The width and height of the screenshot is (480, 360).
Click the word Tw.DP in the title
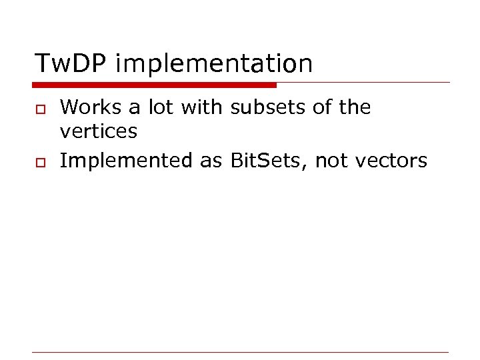tap(71, 64)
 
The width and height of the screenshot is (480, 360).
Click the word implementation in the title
tap(214, 64)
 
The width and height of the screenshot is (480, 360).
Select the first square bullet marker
tap(39, 109)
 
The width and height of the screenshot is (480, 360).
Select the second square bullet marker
tap(39, 162)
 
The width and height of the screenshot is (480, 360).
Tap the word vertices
tap(99, 132)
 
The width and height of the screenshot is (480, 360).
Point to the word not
tap(331, 161)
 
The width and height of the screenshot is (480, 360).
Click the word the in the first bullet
tap(354, 107)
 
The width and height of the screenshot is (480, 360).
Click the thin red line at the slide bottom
tap(240, 352)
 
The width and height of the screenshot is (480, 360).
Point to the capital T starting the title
tap(42, 64)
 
